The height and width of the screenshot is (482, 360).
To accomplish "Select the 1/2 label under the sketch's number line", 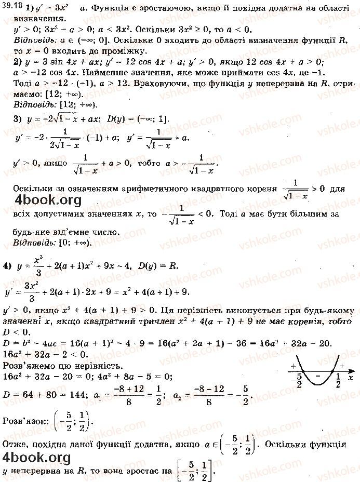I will point(338,383).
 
